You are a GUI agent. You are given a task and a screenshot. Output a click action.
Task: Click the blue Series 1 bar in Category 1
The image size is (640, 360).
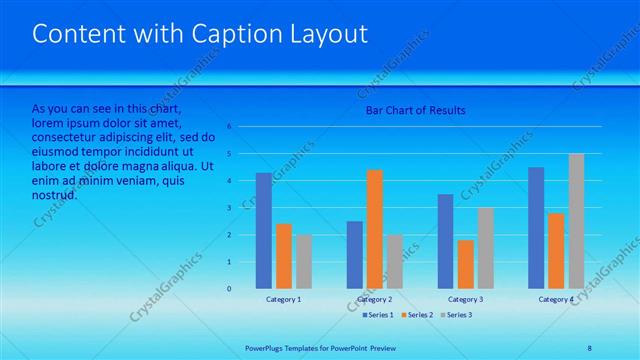[263, 231]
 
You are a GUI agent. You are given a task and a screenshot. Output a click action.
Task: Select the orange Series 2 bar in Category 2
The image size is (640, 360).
[375, 229]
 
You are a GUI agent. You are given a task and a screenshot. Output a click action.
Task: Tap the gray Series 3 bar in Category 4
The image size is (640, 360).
[576, 221]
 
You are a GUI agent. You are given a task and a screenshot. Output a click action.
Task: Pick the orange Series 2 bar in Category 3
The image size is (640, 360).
[466, 264]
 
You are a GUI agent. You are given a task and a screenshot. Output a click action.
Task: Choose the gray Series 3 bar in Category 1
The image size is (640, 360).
[303, 262]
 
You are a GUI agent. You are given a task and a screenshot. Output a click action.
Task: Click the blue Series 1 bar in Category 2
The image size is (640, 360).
[355, 255]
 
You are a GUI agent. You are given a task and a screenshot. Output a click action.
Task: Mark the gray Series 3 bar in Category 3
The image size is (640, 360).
[486, 248]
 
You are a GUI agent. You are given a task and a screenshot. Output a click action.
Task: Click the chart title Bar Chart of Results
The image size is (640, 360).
[415, 110]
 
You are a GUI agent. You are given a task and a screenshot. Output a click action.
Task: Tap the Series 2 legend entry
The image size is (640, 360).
[415, 315]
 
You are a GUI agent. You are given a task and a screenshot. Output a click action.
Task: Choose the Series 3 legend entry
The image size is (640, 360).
[455, 315]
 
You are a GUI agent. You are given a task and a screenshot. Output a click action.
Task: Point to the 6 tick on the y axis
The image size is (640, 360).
[230, 127]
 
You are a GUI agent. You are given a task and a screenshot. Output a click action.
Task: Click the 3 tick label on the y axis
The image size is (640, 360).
[230, 208]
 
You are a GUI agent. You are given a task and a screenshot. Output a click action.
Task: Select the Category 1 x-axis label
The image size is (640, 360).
[284, 299]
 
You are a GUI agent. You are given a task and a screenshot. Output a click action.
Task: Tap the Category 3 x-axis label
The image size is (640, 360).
[466, 299]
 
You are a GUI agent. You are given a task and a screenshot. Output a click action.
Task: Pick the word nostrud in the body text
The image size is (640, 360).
[55, 194]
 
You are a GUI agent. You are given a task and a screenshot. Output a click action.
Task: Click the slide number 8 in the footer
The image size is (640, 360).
[589, 347]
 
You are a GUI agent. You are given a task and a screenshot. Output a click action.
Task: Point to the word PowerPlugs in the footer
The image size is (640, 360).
[267, 347]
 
